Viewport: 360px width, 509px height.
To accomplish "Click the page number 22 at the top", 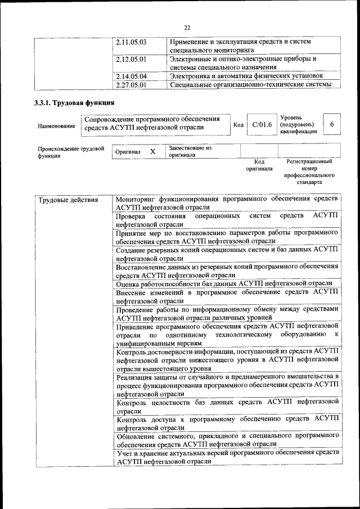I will coord(187,26).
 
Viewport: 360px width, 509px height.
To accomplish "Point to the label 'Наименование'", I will coord(56,127).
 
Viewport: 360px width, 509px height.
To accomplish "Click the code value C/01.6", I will coord(262,124).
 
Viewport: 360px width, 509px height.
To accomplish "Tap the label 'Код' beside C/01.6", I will coord(238,125).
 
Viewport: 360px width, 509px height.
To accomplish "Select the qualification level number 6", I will coord(332,124).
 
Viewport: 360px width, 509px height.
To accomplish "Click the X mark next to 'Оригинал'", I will coord(152,152).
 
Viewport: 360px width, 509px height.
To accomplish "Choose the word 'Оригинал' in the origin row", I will coord(128,152).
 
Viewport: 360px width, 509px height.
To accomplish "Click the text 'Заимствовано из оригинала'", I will coord(189,151).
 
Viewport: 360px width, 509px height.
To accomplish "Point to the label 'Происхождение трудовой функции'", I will coord(71,152).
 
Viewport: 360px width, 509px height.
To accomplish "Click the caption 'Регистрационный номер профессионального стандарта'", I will coord(309,172).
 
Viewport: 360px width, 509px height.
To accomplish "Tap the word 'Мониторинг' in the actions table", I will coord(136,199).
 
